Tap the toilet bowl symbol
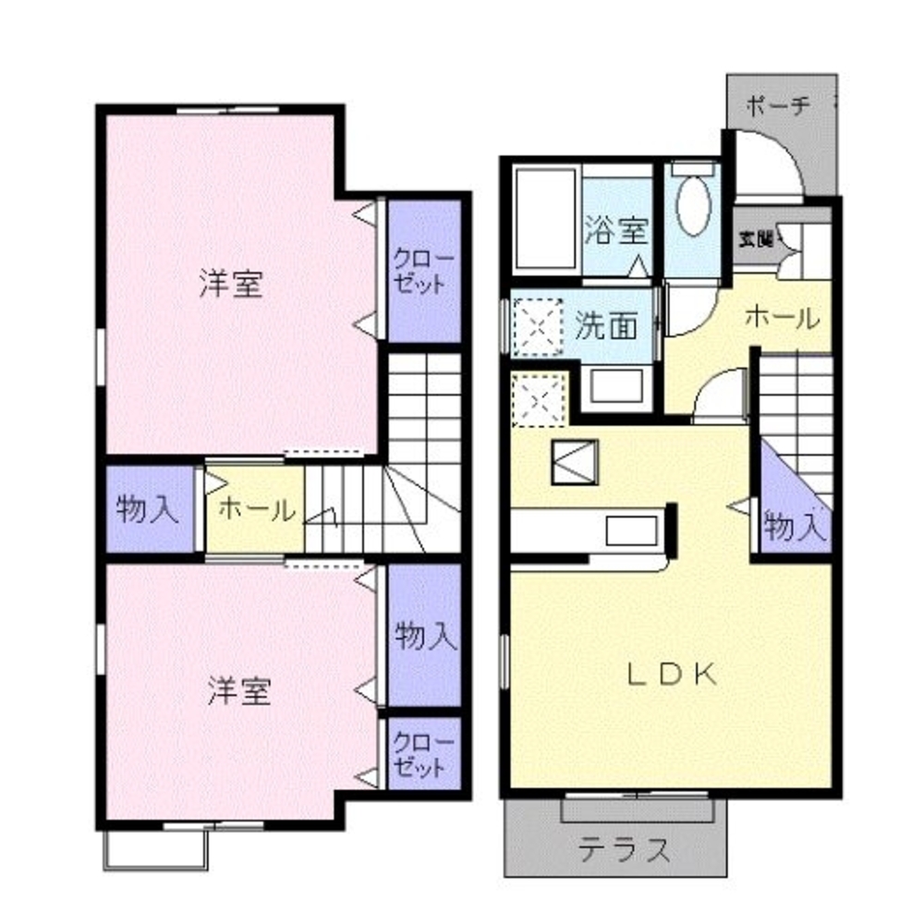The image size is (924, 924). coord(693,207)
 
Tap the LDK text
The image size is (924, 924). coord(672,675)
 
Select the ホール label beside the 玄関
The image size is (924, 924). coord(782,319)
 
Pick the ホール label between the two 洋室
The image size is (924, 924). coord(257,509)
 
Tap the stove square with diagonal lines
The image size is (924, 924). coord(574,461)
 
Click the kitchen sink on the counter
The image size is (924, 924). coord(632,531)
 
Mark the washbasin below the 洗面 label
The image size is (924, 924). coord(616,383)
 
